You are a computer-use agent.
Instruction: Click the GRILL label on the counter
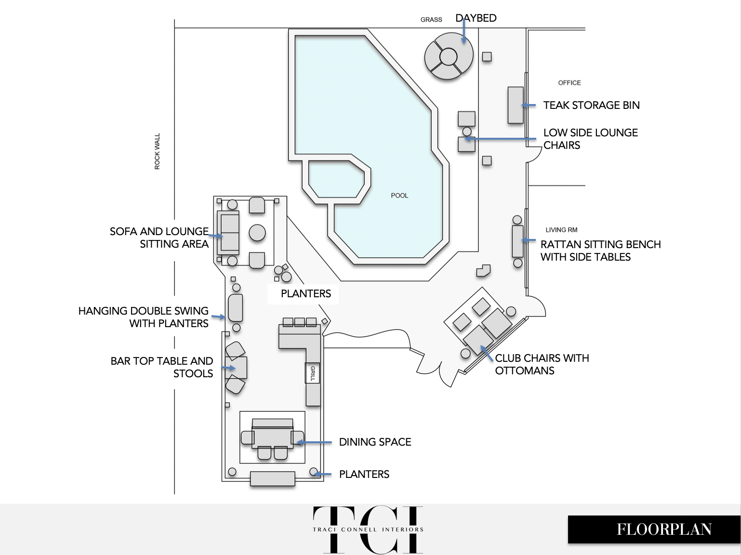312,373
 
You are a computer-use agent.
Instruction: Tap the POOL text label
399,196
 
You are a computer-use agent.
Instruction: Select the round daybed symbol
449,56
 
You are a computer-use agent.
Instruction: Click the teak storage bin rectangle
516,105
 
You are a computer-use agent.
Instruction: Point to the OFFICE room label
569,83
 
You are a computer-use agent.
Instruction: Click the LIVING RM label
561,230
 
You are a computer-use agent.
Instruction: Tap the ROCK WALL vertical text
157,151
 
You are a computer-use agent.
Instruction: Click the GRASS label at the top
431,20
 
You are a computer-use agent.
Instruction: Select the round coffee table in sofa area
257,233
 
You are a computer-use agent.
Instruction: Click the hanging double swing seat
235,307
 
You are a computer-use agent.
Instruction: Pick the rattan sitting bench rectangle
517,241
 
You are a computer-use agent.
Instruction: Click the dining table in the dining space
272,437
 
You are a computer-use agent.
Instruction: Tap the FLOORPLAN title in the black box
664,529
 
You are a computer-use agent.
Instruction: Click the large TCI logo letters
368,529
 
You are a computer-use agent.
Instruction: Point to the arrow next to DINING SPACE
314,442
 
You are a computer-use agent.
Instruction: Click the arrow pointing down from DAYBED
464,31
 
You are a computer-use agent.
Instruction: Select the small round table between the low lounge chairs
467,132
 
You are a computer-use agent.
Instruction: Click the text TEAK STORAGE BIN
592,106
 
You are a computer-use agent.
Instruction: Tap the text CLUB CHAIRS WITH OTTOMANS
542,364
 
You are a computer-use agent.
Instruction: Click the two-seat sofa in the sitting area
228,233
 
